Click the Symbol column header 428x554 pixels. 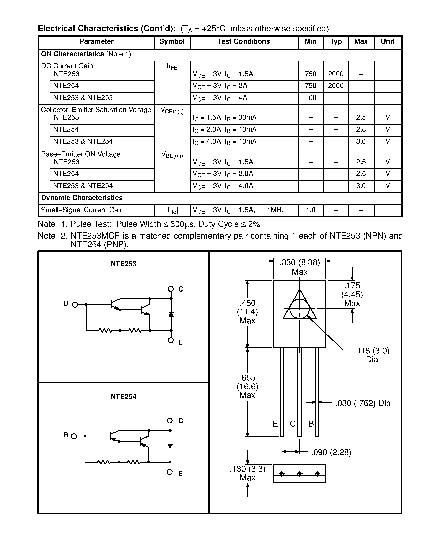coord(172,42)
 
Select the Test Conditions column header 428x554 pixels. coord(244,42)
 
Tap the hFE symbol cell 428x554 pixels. coord(172,67)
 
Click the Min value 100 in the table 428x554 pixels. coord(311,98)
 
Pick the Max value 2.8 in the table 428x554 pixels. coord(361,129)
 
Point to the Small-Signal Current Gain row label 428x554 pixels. coord(82,210)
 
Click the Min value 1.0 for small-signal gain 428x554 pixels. coord(311,210)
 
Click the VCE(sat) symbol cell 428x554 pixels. coord(172,111)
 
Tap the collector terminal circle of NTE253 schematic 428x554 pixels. coord(171,289)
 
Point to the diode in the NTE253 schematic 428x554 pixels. coord(171,314)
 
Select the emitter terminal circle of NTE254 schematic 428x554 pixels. coord(170,472)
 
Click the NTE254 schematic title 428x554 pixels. coord(123,397)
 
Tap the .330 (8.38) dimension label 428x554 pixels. coord(300,262)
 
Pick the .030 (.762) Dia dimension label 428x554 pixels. coord(363,403)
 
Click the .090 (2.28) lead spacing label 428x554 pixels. coord(331,452)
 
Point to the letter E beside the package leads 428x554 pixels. coord(275,424)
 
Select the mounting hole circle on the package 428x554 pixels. coord(300,309)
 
